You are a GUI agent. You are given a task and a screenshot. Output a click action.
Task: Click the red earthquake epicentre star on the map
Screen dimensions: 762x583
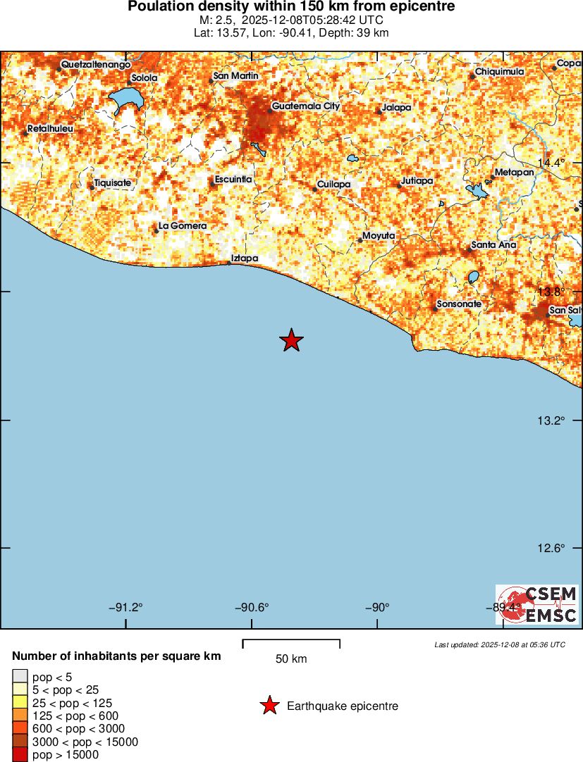point(291,341)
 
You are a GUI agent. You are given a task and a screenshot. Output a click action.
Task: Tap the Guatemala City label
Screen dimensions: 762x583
point(306,106)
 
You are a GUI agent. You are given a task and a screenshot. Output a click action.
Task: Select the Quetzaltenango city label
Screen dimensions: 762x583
point(96,64)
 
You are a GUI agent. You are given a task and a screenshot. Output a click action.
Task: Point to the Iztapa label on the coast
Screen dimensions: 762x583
point(245,258)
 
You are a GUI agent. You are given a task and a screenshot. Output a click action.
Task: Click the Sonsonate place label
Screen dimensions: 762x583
point(459,304)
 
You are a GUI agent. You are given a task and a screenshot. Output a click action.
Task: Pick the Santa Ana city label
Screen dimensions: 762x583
point(493,245)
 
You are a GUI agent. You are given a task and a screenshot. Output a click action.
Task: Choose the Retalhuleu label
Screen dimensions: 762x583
point(50,129)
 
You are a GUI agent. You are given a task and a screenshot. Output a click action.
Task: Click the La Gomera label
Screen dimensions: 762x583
point(183,225)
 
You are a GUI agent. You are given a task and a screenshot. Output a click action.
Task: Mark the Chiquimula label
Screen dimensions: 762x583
point(499,72)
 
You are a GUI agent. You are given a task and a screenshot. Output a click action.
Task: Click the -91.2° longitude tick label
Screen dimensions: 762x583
point(125,608)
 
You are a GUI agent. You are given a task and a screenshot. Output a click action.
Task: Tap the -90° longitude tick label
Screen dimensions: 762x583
point(376,608)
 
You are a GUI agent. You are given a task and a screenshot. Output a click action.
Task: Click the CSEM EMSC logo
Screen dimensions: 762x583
point(537,604)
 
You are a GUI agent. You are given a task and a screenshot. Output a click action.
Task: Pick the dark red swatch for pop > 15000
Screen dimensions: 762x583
point(20,755)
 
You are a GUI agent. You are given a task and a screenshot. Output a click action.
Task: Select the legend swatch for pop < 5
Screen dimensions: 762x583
point(20,677)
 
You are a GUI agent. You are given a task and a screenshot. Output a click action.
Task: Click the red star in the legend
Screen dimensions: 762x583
point(269,706)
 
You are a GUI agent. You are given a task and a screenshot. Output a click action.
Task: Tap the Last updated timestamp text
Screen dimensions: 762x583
point(499,644)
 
